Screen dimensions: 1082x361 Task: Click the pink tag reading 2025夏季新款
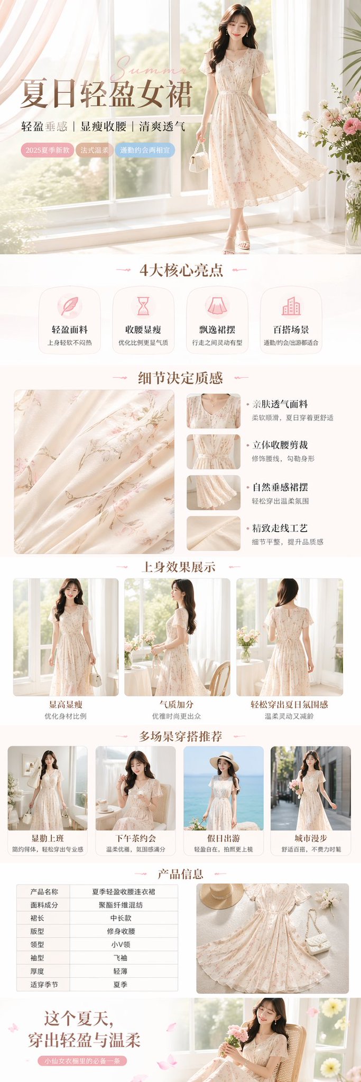point(48,150)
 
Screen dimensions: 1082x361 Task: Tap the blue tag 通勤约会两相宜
point(144,150)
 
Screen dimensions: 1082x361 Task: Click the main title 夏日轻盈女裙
point(106,95)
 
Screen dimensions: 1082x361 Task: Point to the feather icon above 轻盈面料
point(69,306)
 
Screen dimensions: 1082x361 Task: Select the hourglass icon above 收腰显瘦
point(143,306)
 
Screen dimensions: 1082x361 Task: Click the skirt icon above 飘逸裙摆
point(217,306)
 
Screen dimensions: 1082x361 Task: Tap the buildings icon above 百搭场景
point(291,306)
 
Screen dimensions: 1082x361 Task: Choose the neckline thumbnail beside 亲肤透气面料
point(213,411)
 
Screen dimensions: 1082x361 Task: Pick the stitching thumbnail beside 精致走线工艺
point(213,533)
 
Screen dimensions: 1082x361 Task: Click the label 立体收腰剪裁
point(280,445)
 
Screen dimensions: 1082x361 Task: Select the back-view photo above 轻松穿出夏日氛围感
point(289,637)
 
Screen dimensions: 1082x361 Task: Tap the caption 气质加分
point(177,704)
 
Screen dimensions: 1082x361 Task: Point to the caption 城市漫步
point(311,838)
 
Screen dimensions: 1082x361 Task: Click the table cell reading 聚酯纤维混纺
point(121,905)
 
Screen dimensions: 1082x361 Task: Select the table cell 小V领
point(121,945)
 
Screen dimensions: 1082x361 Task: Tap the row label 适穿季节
point(44,984)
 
